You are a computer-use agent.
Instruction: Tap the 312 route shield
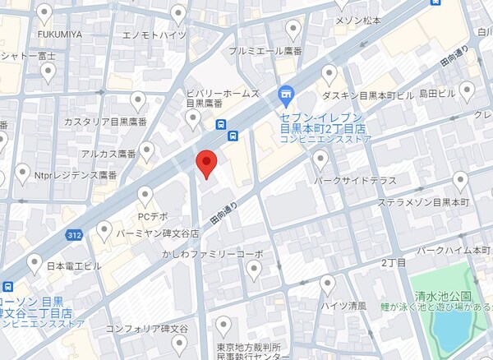(x=75, y=235)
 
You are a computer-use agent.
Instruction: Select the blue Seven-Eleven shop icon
(x=285, y=95)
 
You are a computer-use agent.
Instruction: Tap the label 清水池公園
(x=444, y=296)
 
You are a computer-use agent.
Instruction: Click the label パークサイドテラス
(x=355, y=180)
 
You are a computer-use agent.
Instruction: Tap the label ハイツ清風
(x=344, y=305)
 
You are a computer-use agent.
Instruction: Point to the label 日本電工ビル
(x=73, y=266)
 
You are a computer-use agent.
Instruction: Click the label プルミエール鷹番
(x=266, y=51)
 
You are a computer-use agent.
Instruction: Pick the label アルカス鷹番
(x=108, y=154)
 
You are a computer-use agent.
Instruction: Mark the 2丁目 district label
(x=394, y=262)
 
